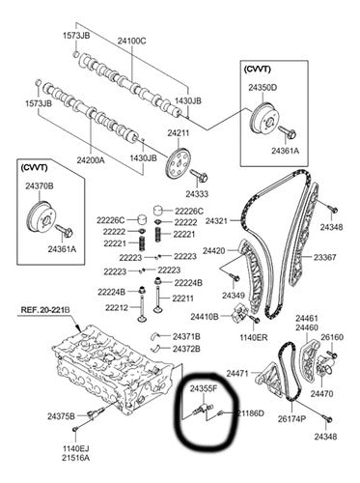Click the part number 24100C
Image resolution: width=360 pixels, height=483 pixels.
pos(131,41)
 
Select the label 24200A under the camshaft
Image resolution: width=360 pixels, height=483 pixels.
pos(91,159)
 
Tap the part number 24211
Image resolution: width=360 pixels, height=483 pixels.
pos(179,133)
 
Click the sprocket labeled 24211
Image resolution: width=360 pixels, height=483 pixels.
pos(178,163)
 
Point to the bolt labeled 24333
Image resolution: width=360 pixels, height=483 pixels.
pos(200,175)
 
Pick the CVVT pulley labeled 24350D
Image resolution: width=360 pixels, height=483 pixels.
pos(263,121)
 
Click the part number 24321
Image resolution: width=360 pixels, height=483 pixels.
pos(216,221)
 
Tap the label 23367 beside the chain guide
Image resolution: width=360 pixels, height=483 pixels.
pos(325,257)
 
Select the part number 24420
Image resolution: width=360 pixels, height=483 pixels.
pos(213,250)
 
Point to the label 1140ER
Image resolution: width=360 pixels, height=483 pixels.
pos(254,337)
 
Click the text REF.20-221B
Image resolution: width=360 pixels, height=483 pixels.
pos(45,310)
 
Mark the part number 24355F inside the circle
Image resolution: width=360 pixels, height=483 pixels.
pos(204,389)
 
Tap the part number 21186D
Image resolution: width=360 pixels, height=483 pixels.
pos(251,413)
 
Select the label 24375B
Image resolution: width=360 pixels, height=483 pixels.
pos(61,416)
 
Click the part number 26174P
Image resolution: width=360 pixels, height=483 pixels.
pos(292,418)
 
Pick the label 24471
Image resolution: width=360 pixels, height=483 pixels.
pos(237,374)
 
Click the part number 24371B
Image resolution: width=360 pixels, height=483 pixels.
pos(186,337)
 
